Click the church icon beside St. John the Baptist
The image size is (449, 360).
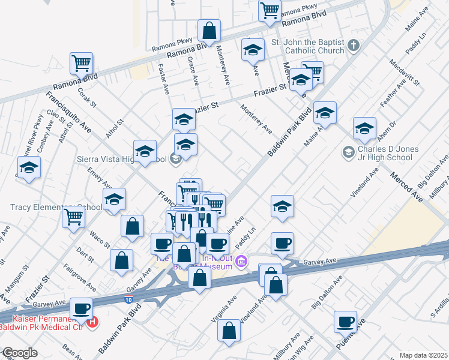[354, 45]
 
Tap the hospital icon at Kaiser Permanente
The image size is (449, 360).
[92, 322]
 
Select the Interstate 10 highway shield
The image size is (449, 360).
[129, 298]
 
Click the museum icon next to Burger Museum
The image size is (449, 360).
[241, 261]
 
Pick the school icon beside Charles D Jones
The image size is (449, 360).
[348, 152]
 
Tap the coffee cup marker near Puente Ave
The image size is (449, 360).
[346, 322]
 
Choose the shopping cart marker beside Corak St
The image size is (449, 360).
[80, 62]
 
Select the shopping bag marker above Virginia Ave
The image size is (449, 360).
[229, 330]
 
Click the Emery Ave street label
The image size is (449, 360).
[99, 178]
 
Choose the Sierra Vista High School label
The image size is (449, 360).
[121, 159]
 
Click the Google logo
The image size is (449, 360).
[20, 353]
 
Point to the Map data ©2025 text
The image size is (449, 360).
[423, 355]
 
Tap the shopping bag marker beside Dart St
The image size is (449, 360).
[121, 260]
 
